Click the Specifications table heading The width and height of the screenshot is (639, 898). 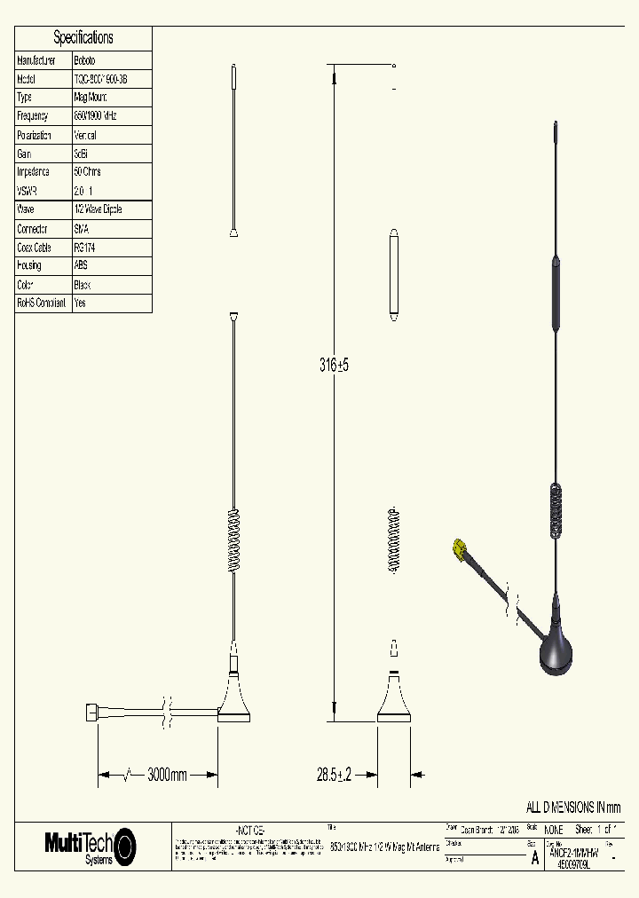point(83,37)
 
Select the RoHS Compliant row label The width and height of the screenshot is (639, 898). point(42,303)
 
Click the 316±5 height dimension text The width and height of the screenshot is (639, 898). point(334,365)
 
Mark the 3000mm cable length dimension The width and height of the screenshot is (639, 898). point(166,776)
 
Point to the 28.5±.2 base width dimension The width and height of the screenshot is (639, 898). point(335,776)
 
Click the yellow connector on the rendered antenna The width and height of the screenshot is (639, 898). point(460,550)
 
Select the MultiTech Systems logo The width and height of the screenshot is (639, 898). point(91,846)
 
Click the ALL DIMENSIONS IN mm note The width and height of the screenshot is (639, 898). point(573,807)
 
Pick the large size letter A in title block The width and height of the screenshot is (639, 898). point(534,858)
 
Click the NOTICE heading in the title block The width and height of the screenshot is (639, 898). point(249,829)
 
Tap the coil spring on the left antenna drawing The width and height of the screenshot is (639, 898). point(234,541)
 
